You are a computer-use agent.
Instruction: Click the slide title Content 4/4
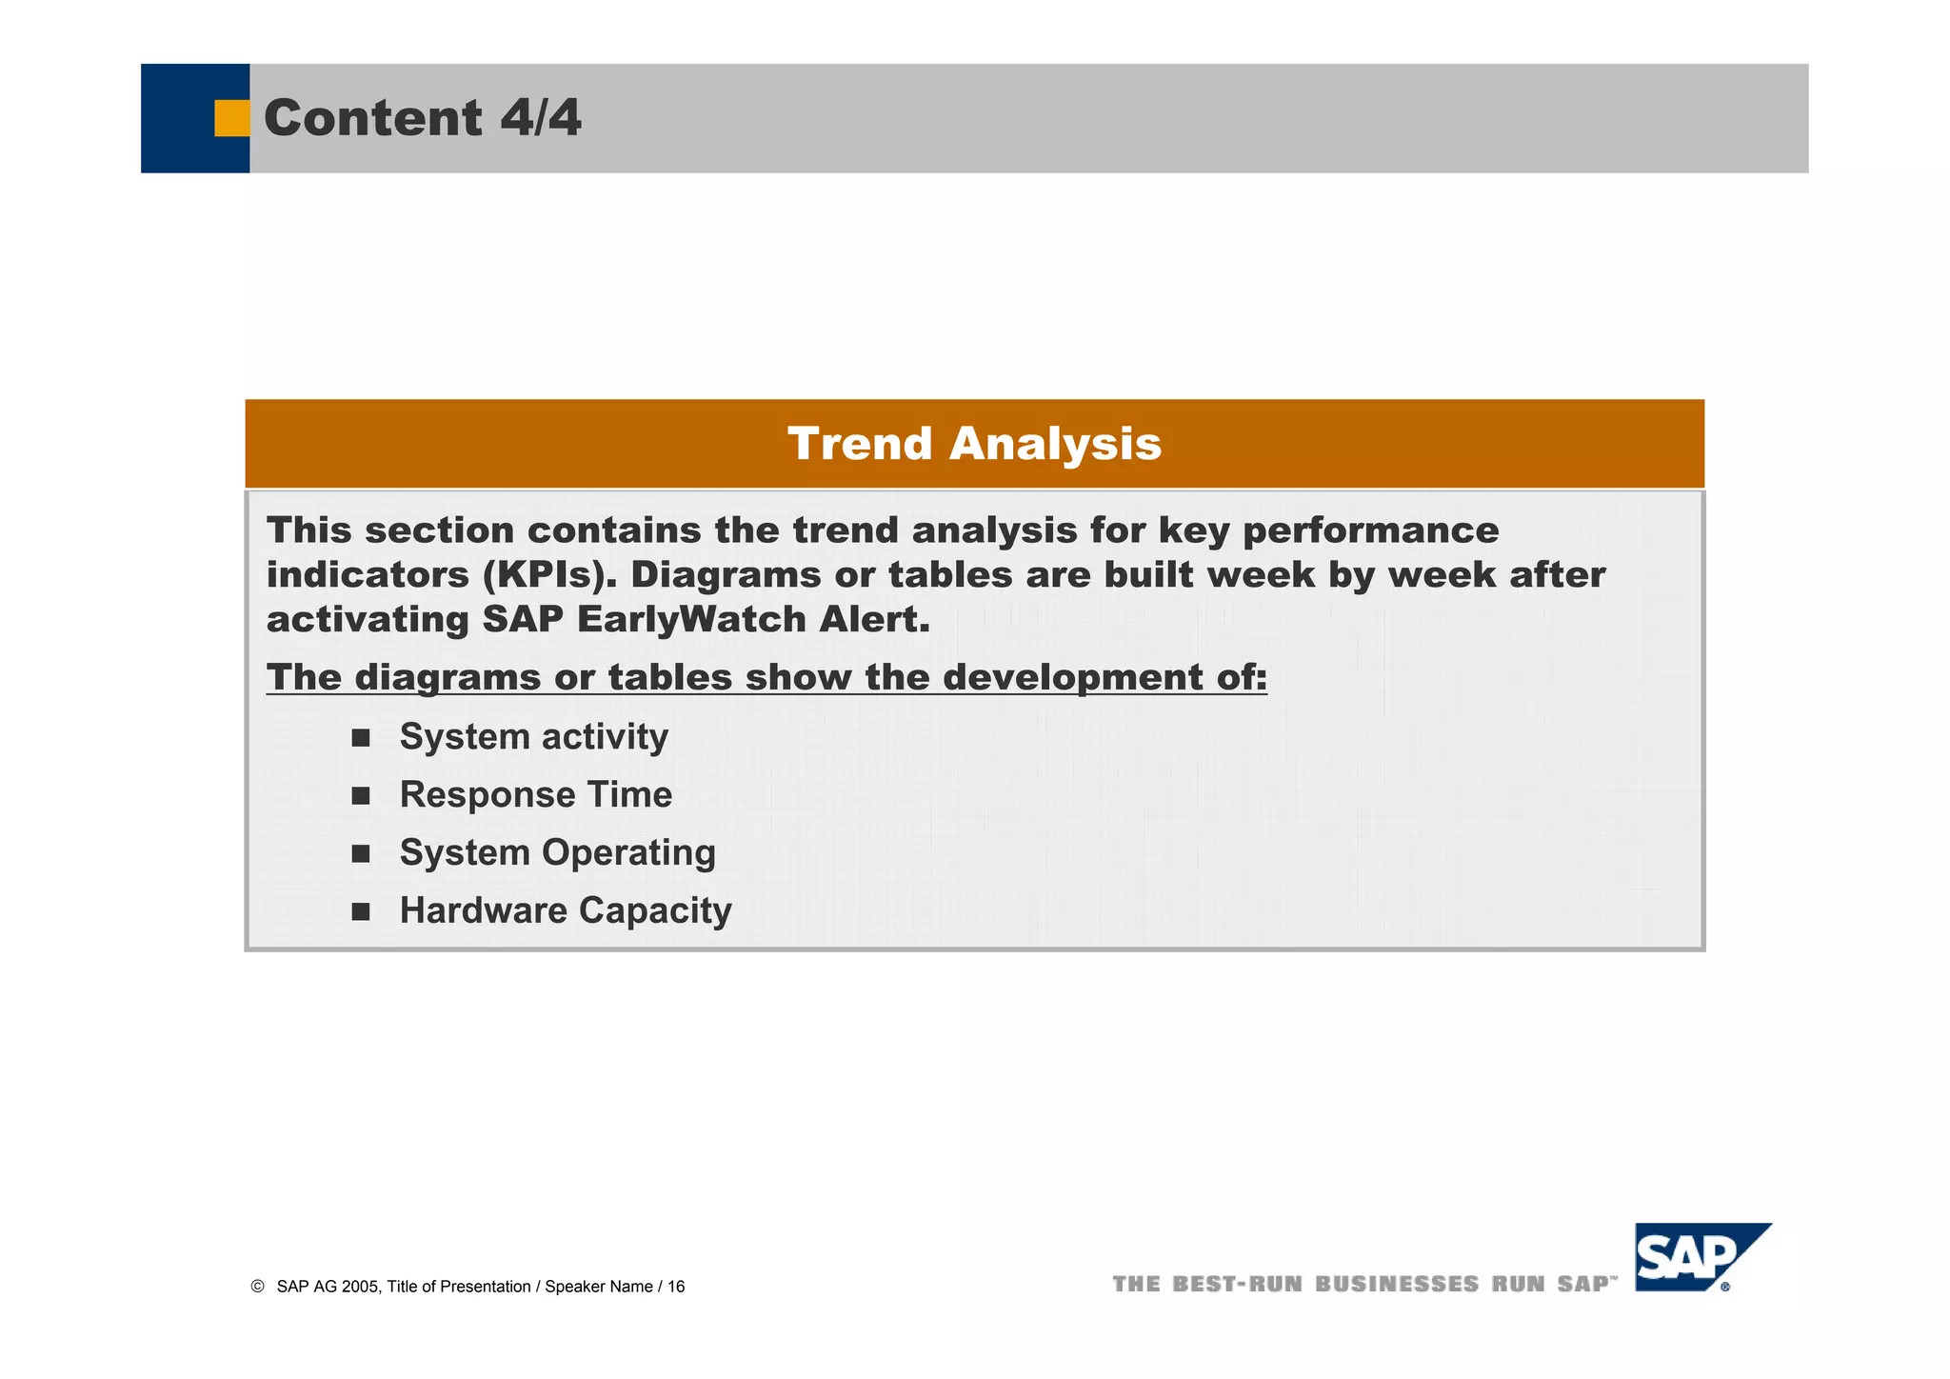422,118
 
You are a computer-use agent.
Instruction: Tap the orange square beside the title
231,118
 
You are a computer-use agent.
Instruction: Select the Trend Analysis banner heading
974,444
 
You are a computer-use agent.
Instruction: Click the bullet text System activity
533,737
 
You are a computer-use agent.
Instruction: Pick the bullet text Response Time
535,795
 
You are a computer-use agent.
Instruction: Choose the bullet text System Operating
557,853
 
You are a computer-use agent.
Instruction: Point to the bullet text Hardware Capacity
566,911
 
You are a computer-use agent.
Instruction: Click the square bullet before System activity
361,738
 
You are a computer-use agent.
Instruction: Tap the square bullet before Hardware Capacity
361,912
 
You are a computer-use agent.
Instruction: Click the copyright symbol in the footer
257,1287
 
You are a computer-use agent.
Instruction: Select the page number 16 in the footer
676,1288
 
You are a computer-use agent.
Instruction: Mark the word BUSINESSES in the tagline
1397,1285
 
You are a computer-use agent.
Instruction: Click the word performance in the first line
1370,530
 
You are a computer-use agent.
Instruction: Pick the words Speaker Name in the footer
599,1288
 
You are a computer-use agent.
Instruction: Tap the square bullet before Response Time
361,796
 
